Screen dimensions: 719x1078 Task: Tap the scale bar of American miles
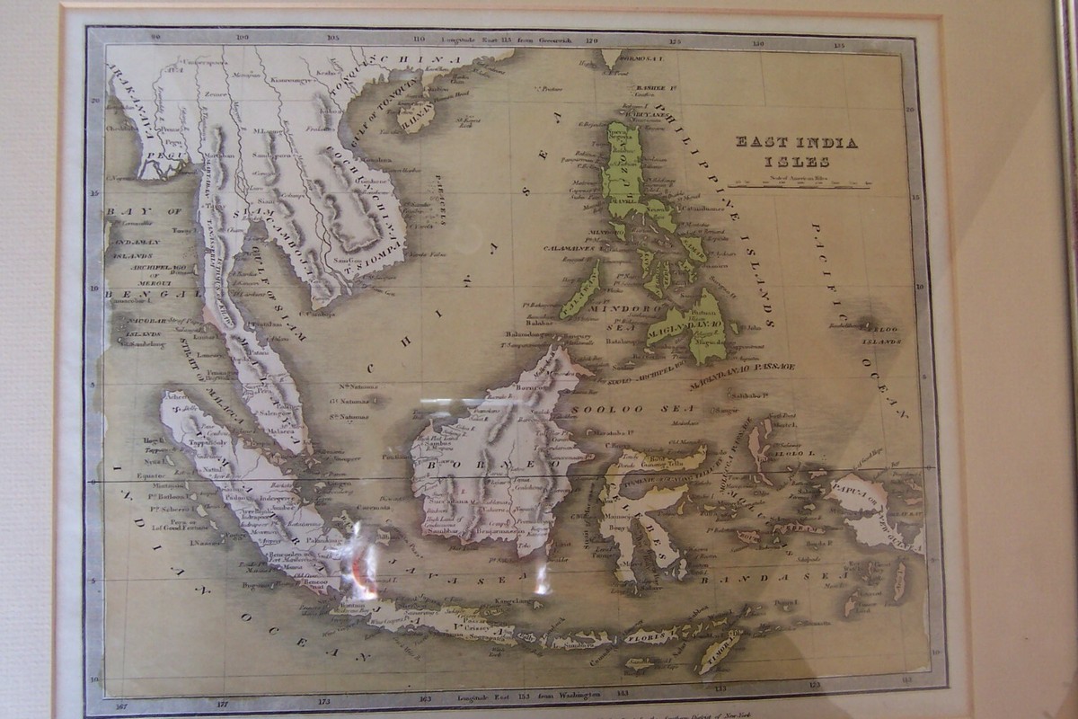point(798,185)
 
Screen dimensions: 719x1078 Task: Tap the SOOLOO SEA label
point(609,409)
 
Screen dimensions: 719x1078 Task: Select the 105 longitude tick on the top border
point(333,38)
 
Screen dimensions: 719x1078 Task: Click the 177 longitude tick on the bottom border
point(225,698)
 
